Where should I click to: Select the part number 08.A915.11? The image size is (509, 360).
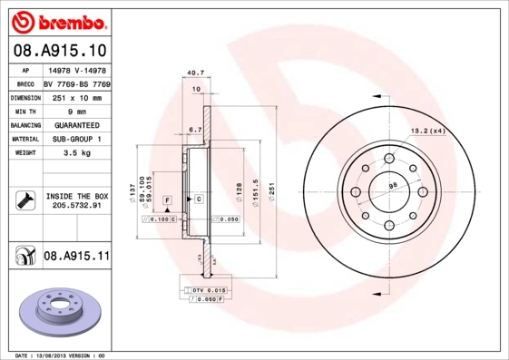pyautogui.click(x=76, y=258)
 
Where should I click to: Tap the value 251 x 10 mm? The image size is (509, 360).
pyautogui.click(x=76, y=97)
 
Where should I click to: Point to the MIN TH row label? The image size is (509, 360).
pyautogui.click(x=24, y=111)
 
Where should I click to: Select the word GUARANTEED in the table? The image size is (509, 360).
pyautogui.click(x=76, y=125)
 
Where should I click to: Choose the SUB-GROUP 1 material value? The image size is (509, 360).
pyautogui.click(x=76, y=140)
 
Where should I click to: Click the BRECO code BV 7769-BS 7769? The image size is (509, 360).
pyautogui.click(x=76, y=83)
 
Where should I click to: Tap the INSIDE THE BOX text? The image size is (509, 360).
pyautogui.click(x=76, y=196)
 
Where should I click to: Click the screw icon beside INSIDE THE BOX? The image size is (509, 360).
pyautogui.click(x=24, y=200)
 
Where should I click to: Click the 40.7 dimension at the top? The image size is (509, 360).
pyautogui.click(x=192, y=73)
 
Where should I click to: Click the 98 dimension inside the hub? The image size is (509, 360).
pyautogui.click(x=394, y=187)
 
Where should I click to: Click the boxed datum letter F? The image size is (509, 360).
pyautogui.click(x=168, y=199)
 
